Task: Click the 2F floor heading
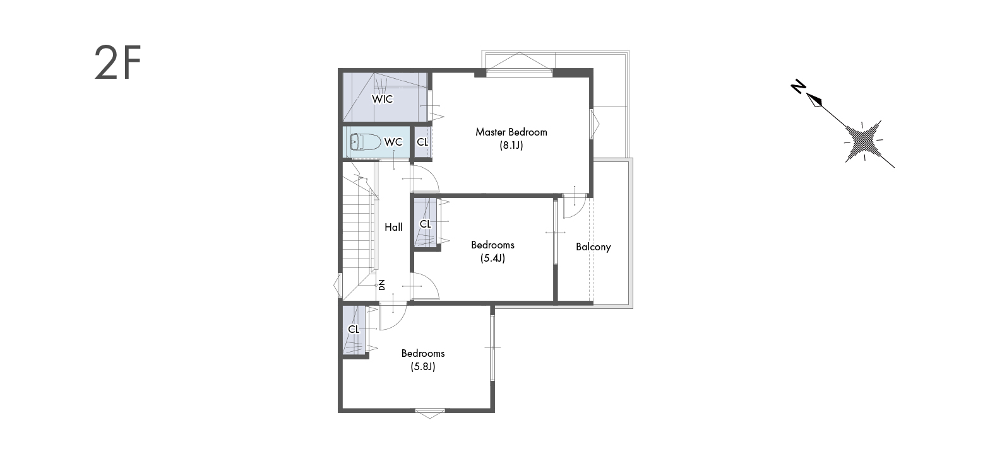pyautogui.click(x=117, y=62)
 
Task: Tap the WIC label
pyautogui.click(x=383, y=99)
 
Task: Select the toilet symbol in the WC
pyautogui.click(x=365, y=142)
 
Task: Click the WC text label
pyautogui.click(x=393, y=142)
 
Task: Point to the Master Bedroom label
pyautogui.click(x=511, y=132)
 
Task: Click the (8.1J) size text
pyautogui.click(x=511, y=145)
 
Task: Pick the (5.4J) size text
pyautogui.click(x=492, y=259)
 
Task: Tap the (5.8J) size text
pyautogui.click(x=423, y=367)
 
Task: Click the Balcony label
pyautogui.click(x=593, y=247)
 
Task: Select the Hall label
pyautogui.click(x=393, y=227)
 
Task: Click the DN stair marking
pyautogui.click(x=382, y=285)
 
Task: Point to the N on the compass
pyautogui.click(x=798, y=87)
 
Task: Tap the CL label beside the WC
pyautogui.click(x=422, y=142)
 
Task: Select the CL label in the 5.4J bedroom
pyautogui.click(x=425, y=224)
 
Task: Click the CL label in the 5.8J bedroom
pyautogui.click(x=354, y=329)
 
